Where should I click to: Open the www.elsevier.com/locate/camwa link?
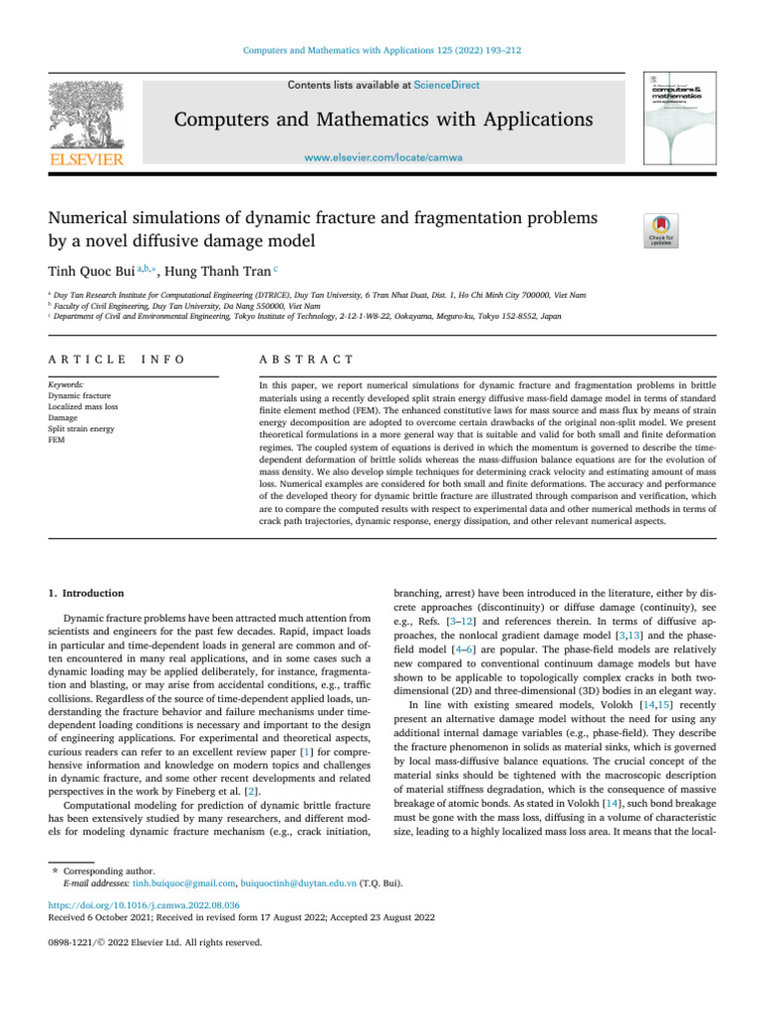382,157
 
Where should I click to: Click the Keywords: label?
67,384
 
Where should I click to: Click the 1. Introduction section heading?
87,592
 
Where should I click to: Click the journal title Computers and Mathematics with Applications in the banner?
382,122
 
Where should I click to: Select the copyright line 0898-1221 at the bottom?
155,942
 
